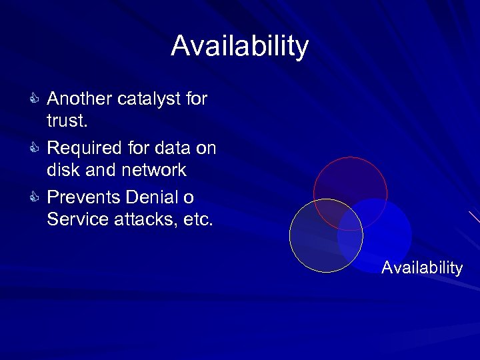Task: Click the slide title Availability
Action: [240, 47]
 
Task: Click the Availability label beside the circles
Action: [422, 268]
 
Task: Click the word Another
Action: [79, 99]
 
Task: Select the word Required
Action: [84, 148]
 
